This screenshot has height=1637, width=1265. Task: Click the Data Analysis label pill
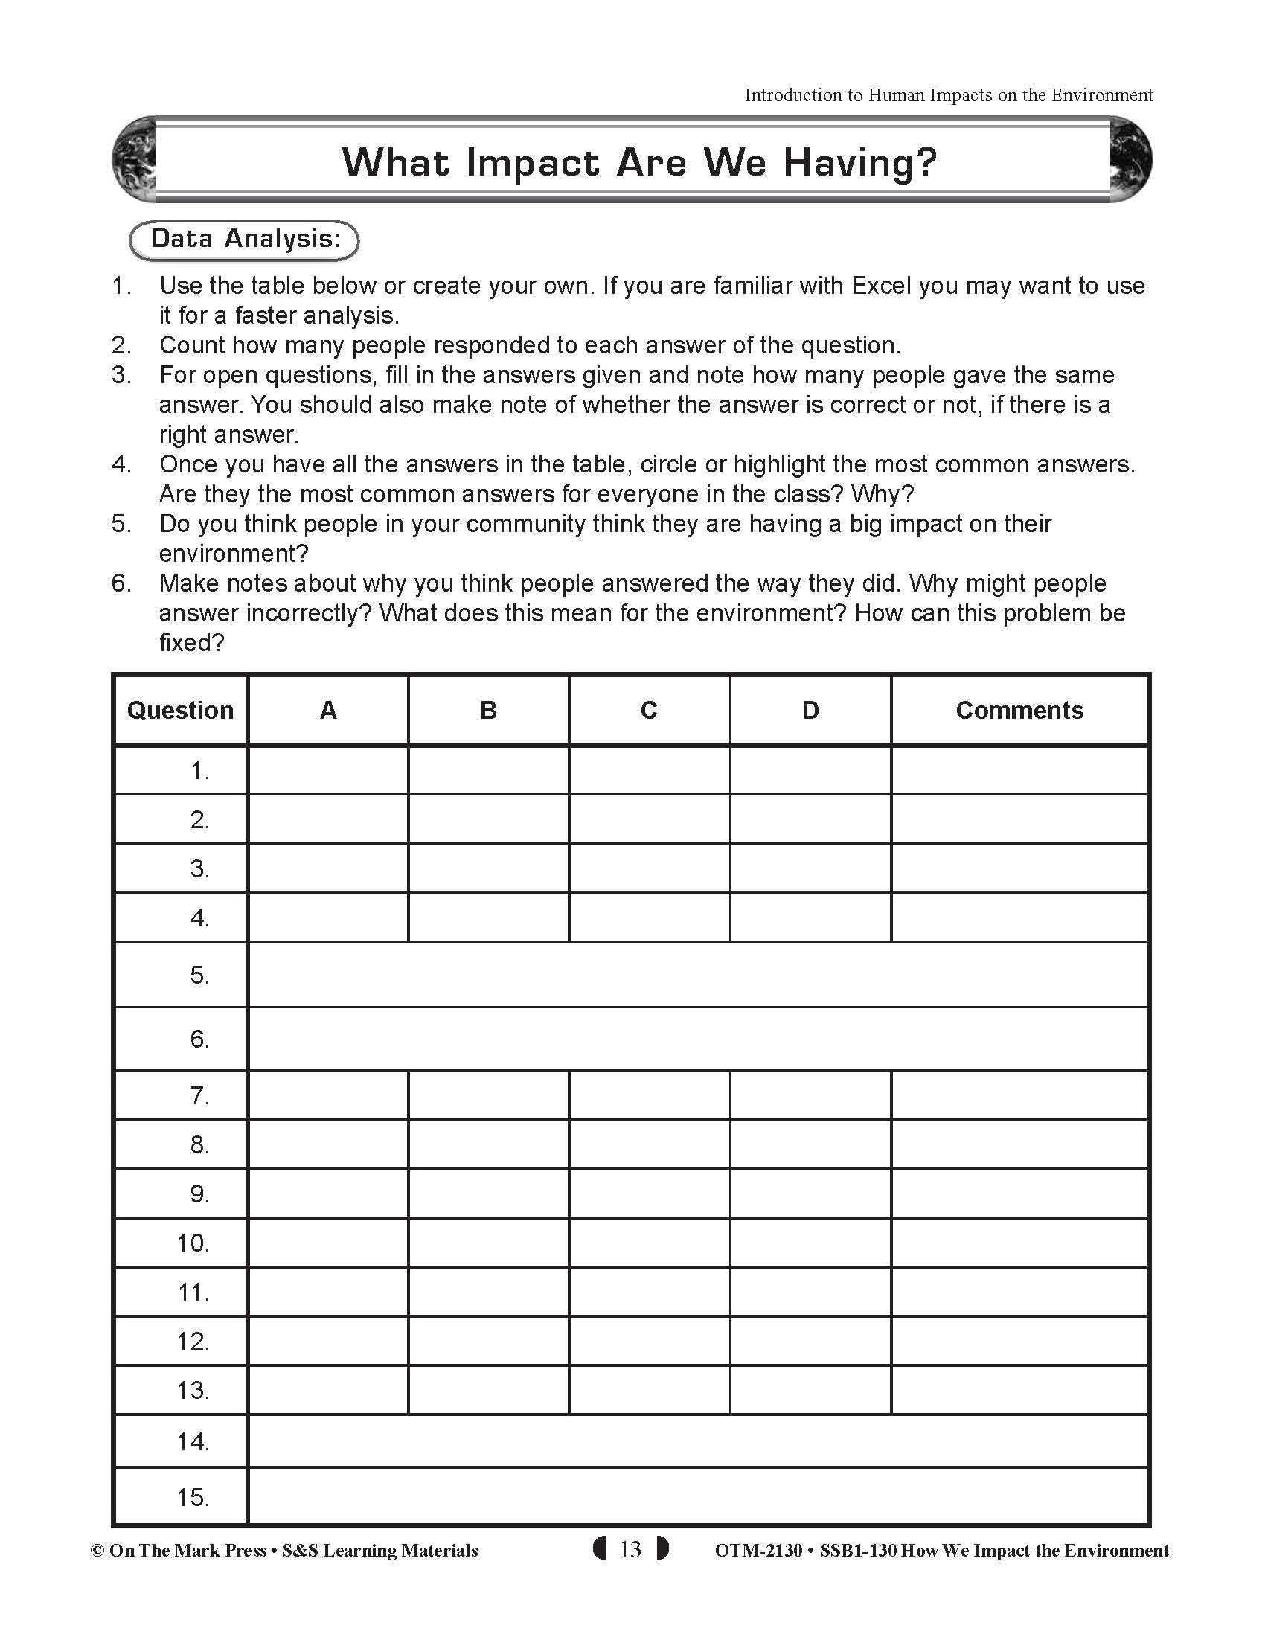pyautogui.click(x=244, y=240)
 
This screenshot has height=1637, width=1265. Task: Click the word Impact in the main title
pyautogui.click(x=533, y=163)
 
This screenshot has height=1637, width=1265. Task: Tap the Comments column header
pyautogui.click(x=1019, y=710)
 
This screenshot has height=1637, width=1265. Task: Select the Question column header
pyautogui.click(x=180, y=710)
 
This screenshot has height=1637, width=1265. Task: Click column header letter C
pyautogui.click(x=649, y=710)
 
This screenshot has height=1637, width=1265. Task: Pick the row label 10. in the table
pyautogui.click(x=193, y=1243)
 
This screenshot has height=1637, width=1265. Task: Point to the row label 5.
pyautogui.click(x=199, y=975)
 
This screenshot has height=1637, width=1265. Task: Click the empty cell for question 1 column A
pyautogui.click(x=327, y=770)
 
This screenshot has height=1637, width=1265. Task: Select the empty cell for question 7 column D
pyautogui.click(x=810, y=1096)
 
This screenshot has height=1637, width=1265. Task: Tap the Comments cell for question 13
pyautogui.click(x=1019, y=1391)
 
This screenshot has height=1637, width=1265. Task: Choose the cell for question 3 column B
pyautogui.click(x=488, y=868)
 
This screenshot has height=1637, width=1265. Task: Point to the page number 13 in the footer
pyautogui.click(x=630, y=1549)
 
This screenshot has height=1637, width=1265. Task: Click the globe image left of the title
pyautogui.click(x=132, y=160)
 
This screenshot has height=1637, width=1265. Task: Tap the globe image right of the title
pyautogui.click(x=1130, y=160)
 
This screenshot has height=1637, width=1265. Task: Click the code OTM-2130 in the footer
pyautogui.click(x=758, y=1550)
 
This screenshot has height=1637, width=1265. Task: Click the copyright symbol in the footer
pyautogui.click(x=97, y=1551)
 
